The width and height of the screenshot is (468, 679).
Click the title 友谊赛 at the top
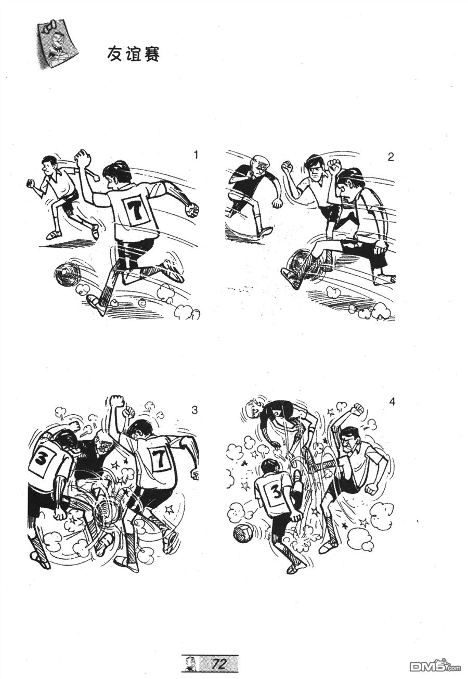133,55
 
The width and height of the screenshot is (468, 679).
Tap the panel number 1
196,155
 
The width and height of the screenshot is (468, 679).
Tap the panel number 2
391,157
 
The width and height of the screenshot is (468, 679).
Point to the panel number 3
194,410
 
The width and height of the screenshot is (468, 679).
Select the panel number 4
392,402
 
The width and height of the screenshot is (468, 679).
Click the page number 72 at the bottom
219,663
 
